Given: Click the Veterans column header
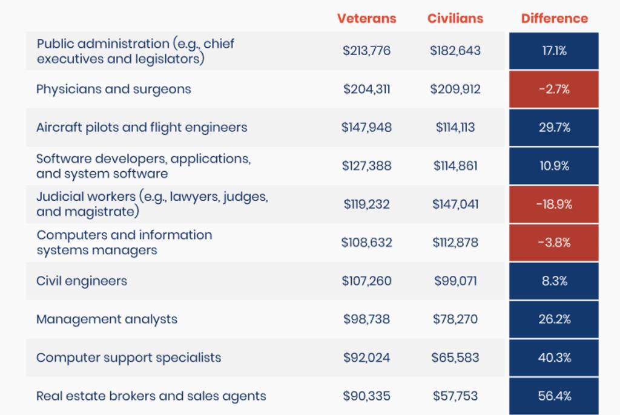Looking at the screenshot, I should point(366,18).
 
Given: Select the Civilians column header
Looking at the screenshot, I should point(455,18).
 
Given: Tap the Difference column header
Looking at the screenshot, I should point(554,18).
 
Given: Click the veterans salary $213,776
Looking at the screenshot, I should point(366,51).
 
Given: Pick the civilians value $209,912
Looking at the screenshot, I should point(455,90).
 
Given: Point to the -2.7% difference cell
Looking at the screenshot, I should point(554,90).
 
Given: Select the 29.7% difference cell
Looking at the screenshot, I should point(554,128).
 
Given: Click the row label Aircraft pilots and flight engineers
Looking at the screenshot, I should point(142,128).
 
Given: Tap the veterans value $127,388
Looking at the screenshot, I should point(366,166).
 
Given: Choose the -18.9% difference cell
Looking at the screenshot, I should point(554,204).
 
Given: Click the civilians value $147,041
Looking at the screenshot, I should point(455,204).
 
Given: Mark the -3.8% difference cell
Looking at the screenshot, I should point(554,243).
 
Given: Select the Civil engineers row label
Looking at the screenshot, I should point(82,281).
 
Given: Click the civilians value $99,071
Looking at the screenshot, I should point(455,281).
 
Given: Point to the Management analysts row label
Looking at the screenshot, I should point(107,319).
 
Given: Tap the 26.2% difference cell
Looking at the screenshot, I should point(554,319).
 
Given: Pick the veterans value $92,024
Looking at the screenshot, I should point(366,358).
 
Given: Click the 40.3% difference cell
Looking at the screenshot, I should point(554,358).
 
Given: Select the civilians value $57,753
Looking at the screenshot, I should point(455,396).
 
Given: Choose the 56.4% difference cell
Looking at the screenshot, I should point(554,396).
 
